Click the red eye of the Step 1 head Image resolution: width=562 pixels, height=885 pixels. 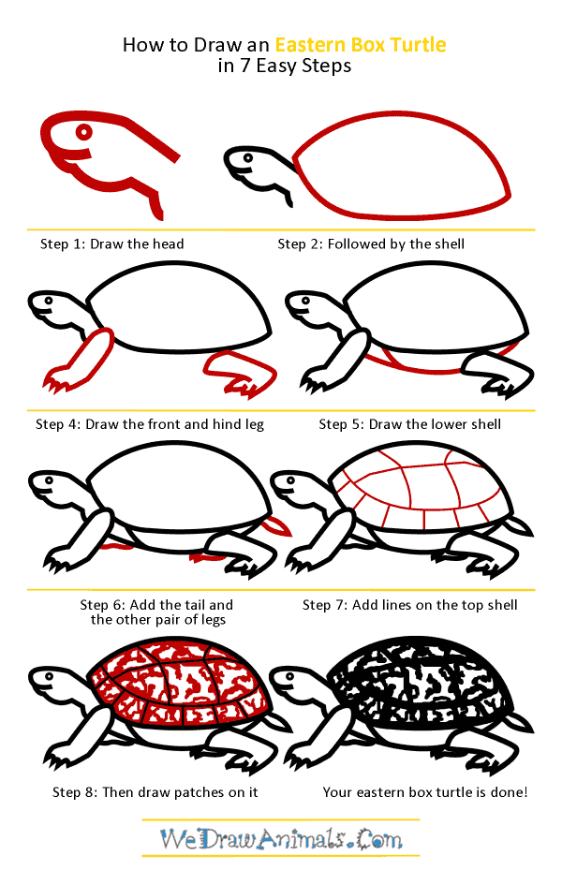(x=84, y=132)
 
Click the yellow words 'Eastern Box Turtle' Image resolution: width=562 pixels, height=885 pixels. (x=361, y=44)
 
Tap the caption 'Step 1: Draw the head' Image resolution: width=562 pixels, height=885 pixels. (x=111, y=244)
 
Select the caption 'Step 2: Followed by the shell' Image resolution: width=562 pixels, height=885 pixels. (x=371, y=244)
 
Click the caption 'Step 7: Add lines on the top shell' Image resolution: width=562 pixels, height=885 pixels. (x=409, y=605)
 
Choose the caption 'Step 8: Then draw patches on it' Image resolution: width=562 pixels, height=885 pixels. (x=155, y=792)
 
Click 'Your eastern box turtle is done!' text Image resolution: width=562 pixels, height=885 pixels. (x=425, y=792)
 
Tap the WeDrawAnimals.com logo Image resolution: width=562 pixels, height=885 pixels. (x=280, y=837)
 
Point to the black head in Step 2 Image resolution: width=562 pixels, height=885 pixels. (x=253, y=169)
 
